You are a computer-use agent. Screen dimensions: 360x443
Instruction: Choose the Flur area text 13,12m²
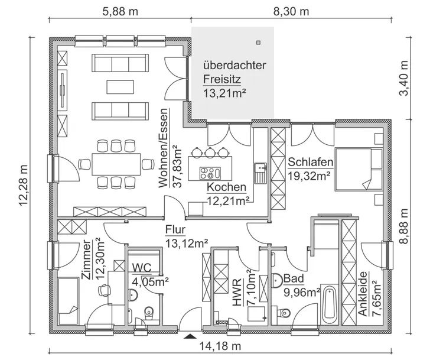[x=187, y=242]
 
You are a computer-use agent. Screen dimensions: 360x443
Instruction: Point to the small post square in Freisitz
[x=259, y=42]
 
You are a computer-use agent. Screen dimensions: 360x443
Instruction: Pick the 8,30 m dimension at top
[x=291, y=11]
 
